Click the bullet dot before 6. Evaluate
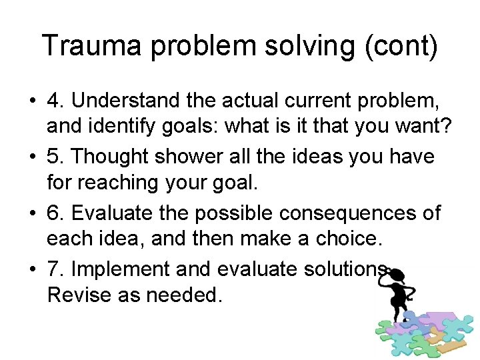[x=32, y=213]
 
